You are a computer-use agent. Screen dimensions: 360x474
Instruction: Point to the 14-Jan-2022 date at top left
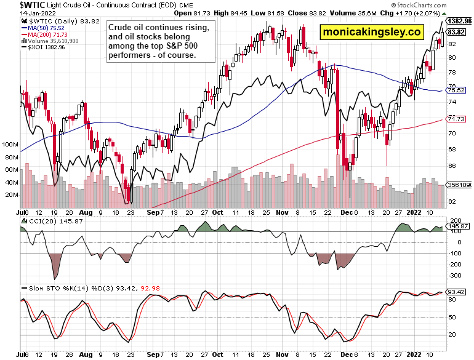19,14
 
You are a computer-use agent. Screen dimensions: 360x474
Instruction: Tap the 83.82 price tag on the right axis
456,32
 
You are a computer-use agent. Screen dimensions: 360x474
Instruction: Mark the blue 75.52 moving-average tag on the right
456,90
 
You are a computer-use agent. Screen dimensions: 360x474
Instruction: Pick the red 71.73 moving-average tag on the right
456,119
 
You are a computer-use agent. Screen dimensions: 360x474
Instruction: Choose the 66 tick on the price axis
452,166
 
